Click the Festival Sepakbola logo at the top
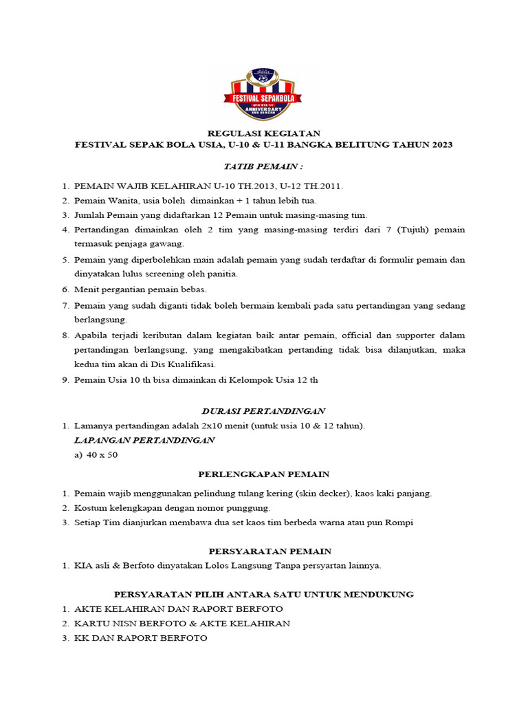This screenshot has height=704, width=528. click(x=263, y=95)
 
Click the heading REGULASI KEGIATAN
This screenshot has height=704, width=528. click(x=263, y=133)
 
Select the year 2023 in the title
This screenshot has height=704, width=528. click(x=440, y=144)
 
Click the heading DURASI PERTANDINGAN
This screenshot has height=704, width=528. click(x=263, y=411)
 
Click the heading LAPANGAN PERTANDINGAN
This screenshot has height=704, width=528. click(x=144, y=441)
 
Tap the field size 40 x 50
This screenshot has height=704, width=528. click(x=102, y=455)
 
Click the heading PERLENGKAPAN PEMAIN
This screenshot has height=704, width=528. click(x=263, y=474)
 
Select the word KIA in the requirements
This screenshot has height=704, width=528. click(x=82, y=566)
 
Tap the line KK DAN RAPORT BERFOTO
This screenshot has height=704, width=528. click(x=140, y=638)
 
